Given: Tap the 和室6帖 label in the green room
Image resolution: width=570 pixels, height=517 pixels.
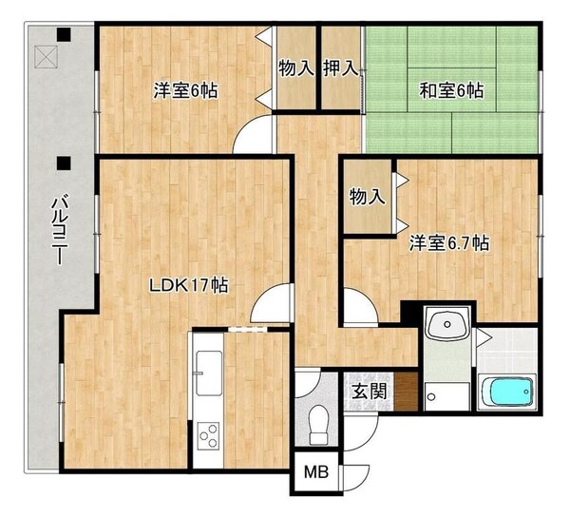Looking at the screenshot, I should [x=451, y=91].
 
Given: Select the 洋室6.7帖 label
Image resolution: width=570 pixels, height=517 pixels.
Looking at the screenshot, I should [x=449, y=243].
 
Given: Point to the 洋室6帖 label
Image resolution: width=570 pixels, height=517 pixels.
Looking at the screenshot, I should [x=186, y=91].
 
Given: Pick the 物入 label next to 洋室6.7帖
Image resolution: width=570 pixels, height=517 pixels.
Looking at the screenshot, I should [x=367, y=198].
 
